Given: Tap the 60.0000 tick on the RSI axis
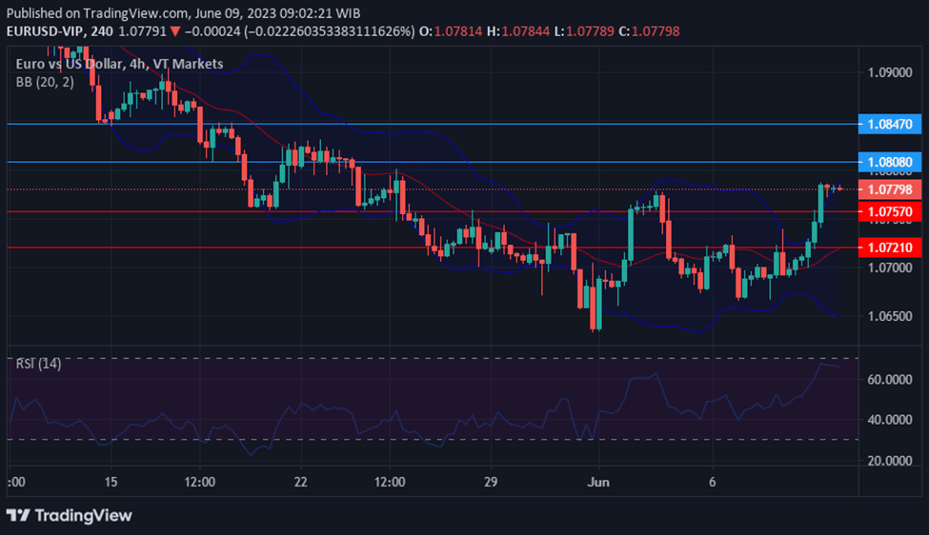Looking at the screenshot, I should click(x=890, y=379).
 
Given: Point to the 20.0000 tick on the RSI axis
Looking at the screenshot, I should click(x=890, y=461).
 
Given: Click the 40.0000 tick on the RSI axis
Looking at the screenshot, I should click(x=890, y=420).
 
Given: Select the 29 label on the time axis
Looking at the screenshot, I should click(x=492, y=482).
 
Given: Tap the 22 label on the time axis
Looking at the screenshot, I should click(x=302, y=482).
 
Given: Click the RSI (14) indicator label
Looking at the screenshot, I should click(x=39, y=364).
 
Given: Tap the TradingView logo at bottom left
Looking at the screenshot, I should click(x=70, y=515).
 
